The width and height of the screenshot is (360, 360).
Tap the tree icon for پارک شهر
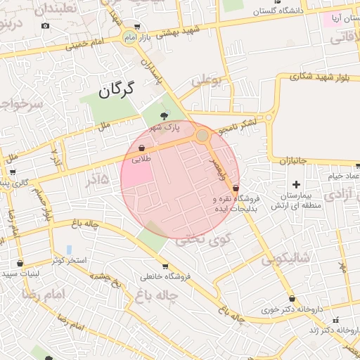tap(164, 115)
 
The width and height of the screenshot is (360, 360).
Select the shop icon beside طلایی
tap(143, 148)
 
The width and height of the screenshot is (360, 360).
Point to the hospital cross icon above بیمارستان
tap(296, 184)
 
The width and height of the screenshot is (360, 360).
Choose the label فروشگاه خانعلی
tap(166, 276)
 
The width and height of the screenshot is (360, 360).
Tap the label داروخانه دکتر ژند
tap(333, 329)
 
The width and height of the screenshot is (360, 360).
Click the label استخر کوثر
tap(67, 260)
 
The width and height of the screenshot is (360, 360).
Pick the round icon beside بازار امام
tap(130, 36)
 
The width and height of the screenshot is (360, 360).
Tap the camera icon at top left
tap(46, 26)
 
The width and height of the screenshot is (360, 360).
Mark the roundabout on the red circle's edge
tap(202, 135)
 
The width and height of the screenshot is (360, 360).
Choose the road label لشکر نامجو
tap(236, 126)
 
